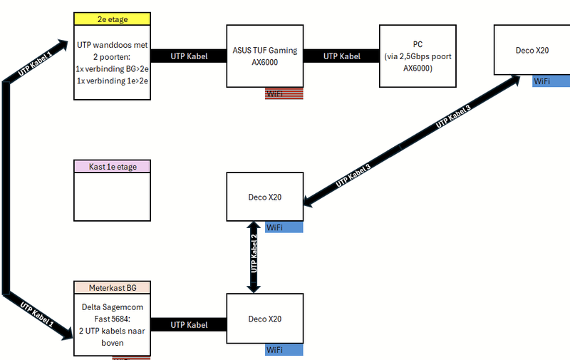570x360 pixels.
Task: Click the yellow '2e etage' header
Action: point(113,20)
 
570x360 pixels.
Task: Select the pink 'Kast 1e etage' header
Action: point(113,167)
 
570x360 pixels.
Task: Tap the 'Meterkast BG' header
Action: point(113,287)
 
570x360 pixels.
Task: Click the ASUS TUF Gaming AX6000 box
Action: point(264,57)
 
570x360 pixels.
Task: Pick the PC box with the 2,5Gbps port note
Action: point(418,57)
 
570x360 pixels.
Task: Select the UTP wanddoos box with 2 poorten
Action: point(113,63)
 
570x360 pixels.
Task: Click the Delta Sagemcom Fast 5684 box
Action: point(113,324)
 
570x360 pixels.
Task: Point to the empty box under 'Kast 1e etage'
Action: point(113,197)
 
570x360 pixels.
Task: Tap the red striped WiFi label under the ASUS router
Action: point(284,94)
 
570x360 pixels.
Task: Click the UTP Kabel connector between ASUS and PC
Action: point(341,56)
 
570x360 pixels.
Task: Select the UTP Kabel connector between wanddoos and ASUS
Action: point(189,56)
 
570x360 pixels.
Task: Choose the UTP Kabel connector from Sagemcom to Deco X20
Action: point(189,324)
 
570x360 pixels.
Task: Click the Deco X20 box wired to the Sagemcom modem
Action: point(264,319)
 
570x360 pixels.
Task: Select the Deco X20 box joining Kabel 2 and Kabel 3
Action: point(264,197)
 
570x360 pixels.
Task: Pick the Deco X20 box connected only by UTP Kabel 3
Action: point(532,50)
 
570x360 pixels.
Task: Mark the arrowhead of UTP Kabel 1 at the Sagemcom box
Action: point(68,332)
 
